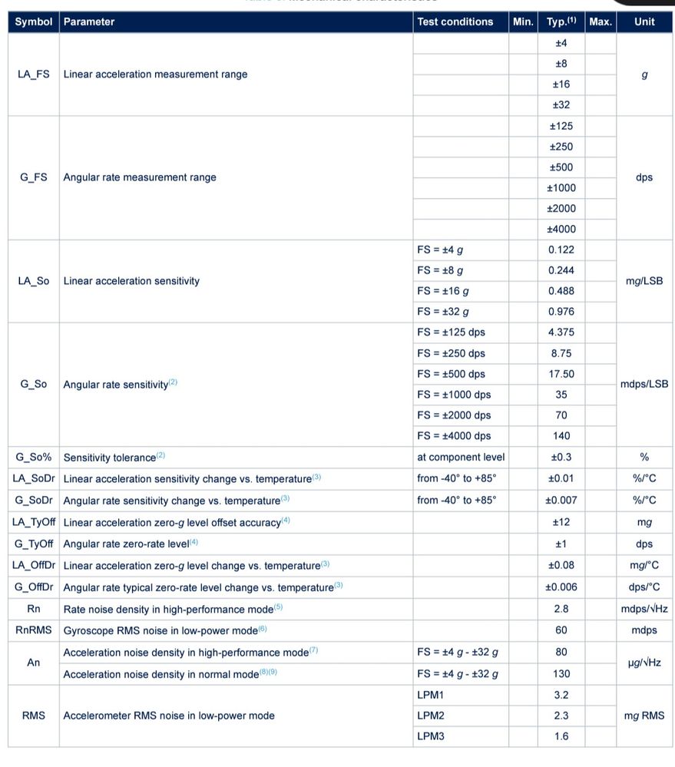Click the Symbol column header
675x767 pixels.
point(33,21)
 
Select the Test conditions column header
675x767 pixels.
point(455,21)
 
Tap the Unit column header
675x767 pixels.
point(644,21)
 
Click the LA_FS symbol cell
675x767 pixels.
point(33,74)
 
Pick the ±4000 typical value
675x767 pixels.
point(561,229)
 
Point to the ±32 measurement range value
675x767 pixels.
point(561,104)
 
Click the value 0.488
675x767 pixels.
point(561,291)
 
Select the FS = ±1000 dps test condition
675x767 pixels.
point(454,395)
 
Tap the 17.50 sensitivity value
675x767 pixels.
point(561,374)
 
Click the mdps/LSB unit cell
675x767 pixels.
point(644,384)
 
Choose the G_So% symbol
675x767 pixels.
point(33,458)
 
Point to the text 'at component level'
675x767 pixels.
point(461,457)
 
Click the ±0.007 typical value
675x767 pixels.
point(561,500)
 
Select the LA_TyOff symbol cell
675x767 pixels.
point(34,522)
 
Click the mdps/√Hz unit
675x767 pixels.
point(644,609)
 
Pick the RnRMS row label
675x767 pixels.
point(34,630)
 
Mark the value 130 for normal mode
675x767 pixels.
point(561,673)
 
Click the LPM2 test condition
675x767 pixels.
point(432,716)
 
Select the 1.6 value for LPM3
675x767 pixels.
point(561,736)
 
